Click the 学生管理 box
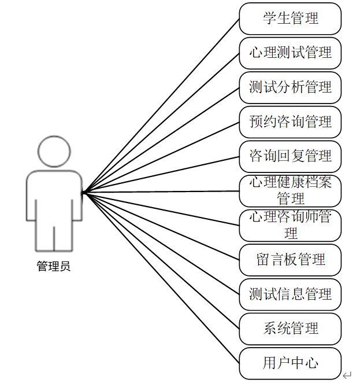coord(290,19)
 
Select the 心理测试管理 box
coord(290,53)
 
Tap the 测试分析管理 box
coord(290,87)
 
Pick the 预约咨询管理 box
coord(290,121)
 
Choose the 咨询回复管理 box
coord(290,156)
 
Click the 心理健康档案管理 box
coord(290,191)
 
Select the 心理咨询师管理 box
coord(290,225)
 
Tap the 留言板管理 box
coord(290,260)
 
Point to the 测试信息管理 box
coord(290,294)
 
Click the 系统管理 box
coord(290,329)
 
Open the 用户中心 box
coord(290,363)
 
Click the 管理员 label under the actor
coord(54,267)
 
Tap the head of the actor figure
coord(54,152)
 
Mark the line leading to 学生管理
coord(162,105)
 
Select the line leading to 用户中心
coord(162,278)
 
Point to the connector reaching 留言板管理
coord(162,226)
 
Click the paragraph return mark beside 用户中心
coord(347,375)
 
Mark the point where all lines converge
coord(83,192)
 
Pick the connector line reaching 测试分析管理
coord(162,139)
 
